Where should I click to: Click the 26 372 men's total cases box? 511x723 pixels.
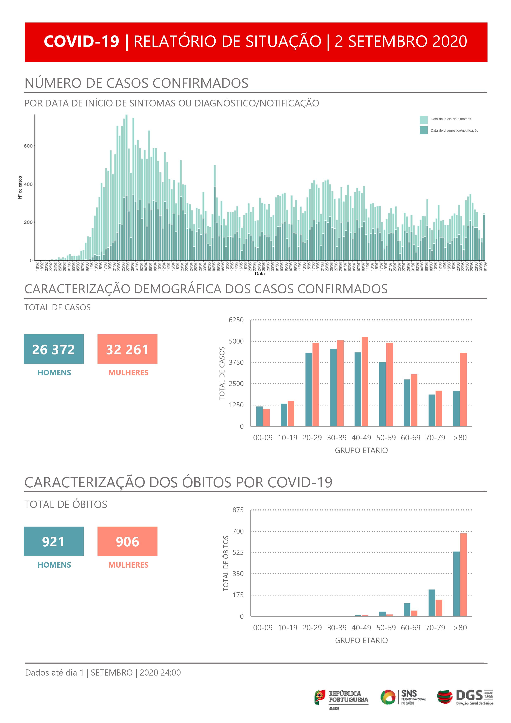click(54, 349)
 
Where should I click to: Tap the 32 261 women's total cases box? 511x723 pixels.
click(127, 349)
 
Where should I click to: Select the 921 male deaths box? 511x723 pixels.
click(54, 541)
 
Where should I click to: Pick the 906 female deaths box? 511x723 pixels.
click(127, 541)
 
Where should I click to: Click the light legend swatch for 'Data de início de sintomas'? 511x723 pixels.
click(423, 120)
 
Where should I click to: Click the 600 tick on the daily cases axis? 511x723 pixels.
click(28, 146)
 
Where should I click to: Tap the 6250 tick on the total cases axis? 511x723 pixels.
click(236, 320)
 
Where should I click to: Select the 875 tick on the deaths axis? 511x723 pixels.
click(238, 510)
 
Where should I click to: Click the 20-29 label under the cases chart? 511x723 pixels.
click(312, 438)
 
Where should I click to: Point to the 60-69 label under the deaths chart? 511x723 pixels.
click(410, 628)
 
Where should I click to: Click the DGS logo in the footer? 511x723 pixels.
click(465, 697)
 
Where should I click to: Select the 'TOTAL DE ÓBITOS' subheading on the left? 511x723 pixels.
click(66, 504)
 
